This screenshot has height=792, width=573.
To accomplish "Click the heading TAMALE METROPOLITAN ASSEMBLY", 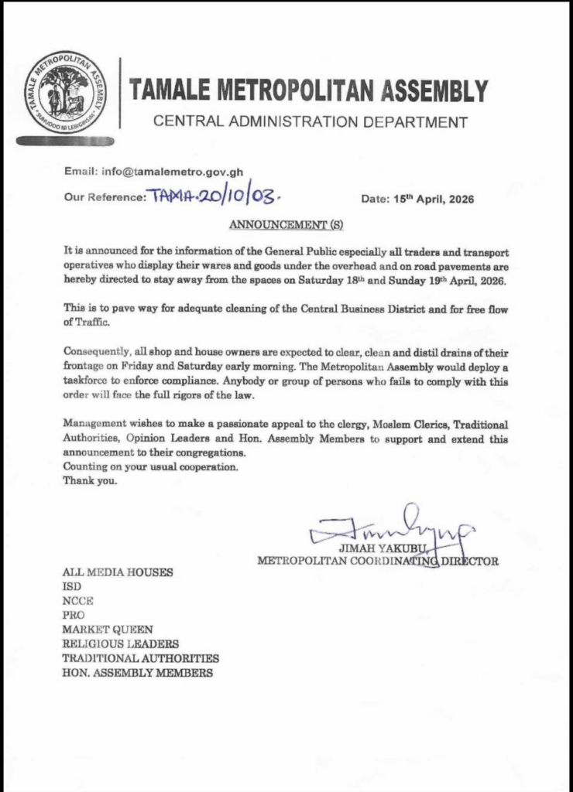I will (x=309, y=91).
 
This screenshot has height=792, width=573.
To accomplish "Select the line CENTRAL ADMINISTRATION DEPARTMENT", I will (x=310, y=121).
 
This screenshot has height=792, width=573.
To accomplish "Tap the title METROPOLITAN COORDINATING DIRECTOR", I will (x=378, y=561).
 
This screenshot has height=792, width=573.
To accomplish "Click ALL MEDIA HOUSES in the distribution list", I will (x=118, y=573).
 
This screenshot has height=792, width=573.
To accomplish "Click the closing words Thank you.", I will (x=91, y=481).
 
